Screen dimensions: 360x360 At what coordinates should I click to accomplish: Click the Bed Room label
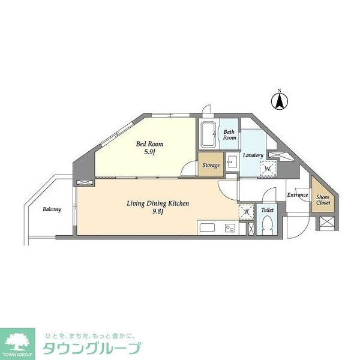[149, 144]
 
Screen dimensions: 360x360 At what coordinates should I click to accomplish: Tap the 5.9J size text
[149, 152]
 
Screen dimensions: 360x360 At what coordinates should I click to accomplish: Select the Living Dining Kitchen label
[158, 203]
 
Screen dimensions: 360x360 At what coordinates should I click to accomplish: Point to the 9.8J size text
[158, 212]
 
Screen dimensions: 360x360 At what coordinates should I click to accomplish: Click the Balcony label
[52, 209]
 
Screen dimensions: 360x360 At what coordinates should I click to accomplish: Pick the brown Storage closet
[211, 165]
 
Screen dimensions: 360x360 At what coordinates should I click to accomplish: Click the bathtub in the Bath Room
[209, 136]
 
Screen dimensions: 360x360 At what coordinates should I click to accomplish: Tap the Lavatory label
[253, 155]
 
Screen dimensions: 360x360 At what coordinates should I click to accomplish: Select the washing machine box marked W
[268, 169]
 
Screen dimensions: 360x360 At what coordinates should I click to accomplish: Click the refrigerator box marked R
[246, 212]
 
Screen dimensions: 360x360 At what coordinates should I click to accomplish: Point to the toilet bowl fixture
[268, 226]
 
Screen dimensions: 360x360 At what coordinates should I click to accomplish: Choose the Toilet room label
[267, 211]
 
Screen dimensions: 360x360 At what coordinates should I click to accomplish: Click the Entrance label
[297, 195]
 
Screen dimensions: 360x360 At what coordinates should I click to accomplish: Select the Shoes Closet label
[323, 199]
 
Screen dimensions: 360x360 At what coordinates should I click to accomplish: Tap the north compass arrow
[279, 101]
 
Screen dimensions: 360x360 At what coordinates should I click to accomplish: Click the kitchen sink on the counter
[206, 228]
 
